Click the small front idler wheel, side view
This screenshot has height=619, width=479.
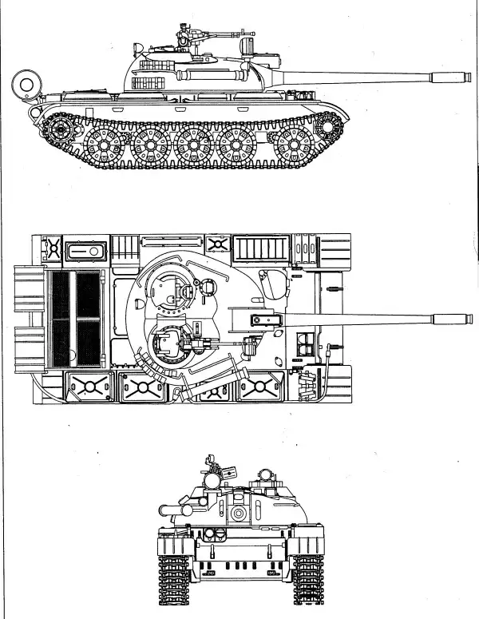coord(327,127)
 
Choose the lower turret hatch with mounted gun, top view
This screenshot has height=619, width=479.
coord(167,343)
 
